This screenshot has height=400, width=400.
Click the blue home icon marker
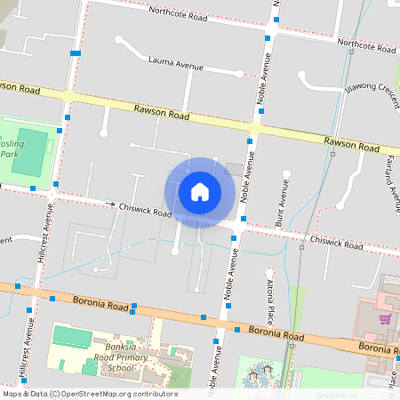[x=200, y=191]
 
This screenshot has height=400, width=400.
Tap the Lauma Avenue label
[x=176, y=64]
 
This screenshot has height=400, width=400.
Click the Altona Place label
[x=270, y=303]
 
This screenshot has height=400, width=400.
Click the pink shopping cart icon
[x=385, y=318]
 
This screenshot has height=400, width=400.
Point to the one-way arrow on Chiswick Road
[x=112, y=205]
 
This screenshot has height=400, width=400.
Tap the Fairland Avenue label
[x=391, y=177]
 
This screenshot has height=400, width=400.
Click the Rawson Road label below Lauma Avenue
[x=162, y=112]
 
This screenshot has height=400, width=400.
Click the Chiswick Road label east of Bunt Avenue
[x=336, y=242]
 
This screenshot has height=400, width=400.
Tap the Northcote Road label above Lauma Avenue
[x=177, y=14]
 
